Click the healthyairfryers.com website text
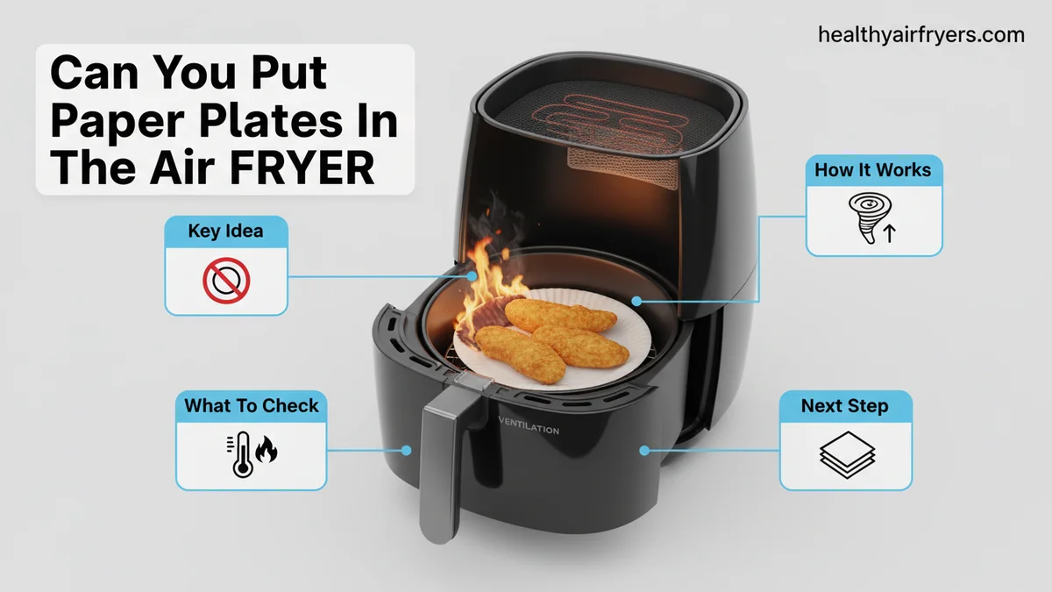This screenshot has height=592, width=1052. (x=921, y=35)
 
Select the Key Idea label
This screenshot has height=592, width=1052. (x=225, y=231)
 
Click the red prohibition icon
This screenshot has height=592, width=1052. (x=226, y=281)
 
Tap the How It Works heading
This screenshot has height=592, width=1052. (x=872, y=169)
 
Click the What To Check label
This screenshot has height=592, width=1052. (x=252, y=405)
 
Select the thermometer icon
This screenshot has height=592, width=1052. (x=241, y=455)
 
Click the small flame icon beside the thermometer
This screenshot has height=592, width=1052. (x=267, y=449)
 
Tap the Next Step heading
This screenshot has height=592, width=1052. (x=845, y=405)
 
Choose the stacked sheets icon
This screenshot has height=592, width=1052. (x=847, y=455)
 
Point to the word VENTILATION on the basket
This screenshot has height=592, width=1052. (x=529, y=425)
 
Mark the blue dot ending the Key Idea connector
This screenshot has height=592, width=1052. (x=472, y=276)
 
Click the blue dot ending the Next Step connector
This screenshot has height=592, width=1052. (x=644, y=451)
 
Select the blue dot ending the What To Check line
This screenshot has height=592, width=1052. (x=406, y=451)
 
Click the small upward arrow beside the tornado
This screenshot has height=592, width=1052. (x=890, y=233)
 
